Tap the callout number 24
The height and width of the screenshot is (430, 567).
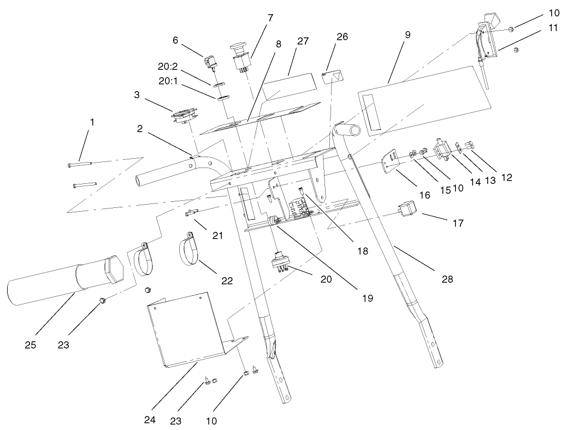click(x=149, y=420)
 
